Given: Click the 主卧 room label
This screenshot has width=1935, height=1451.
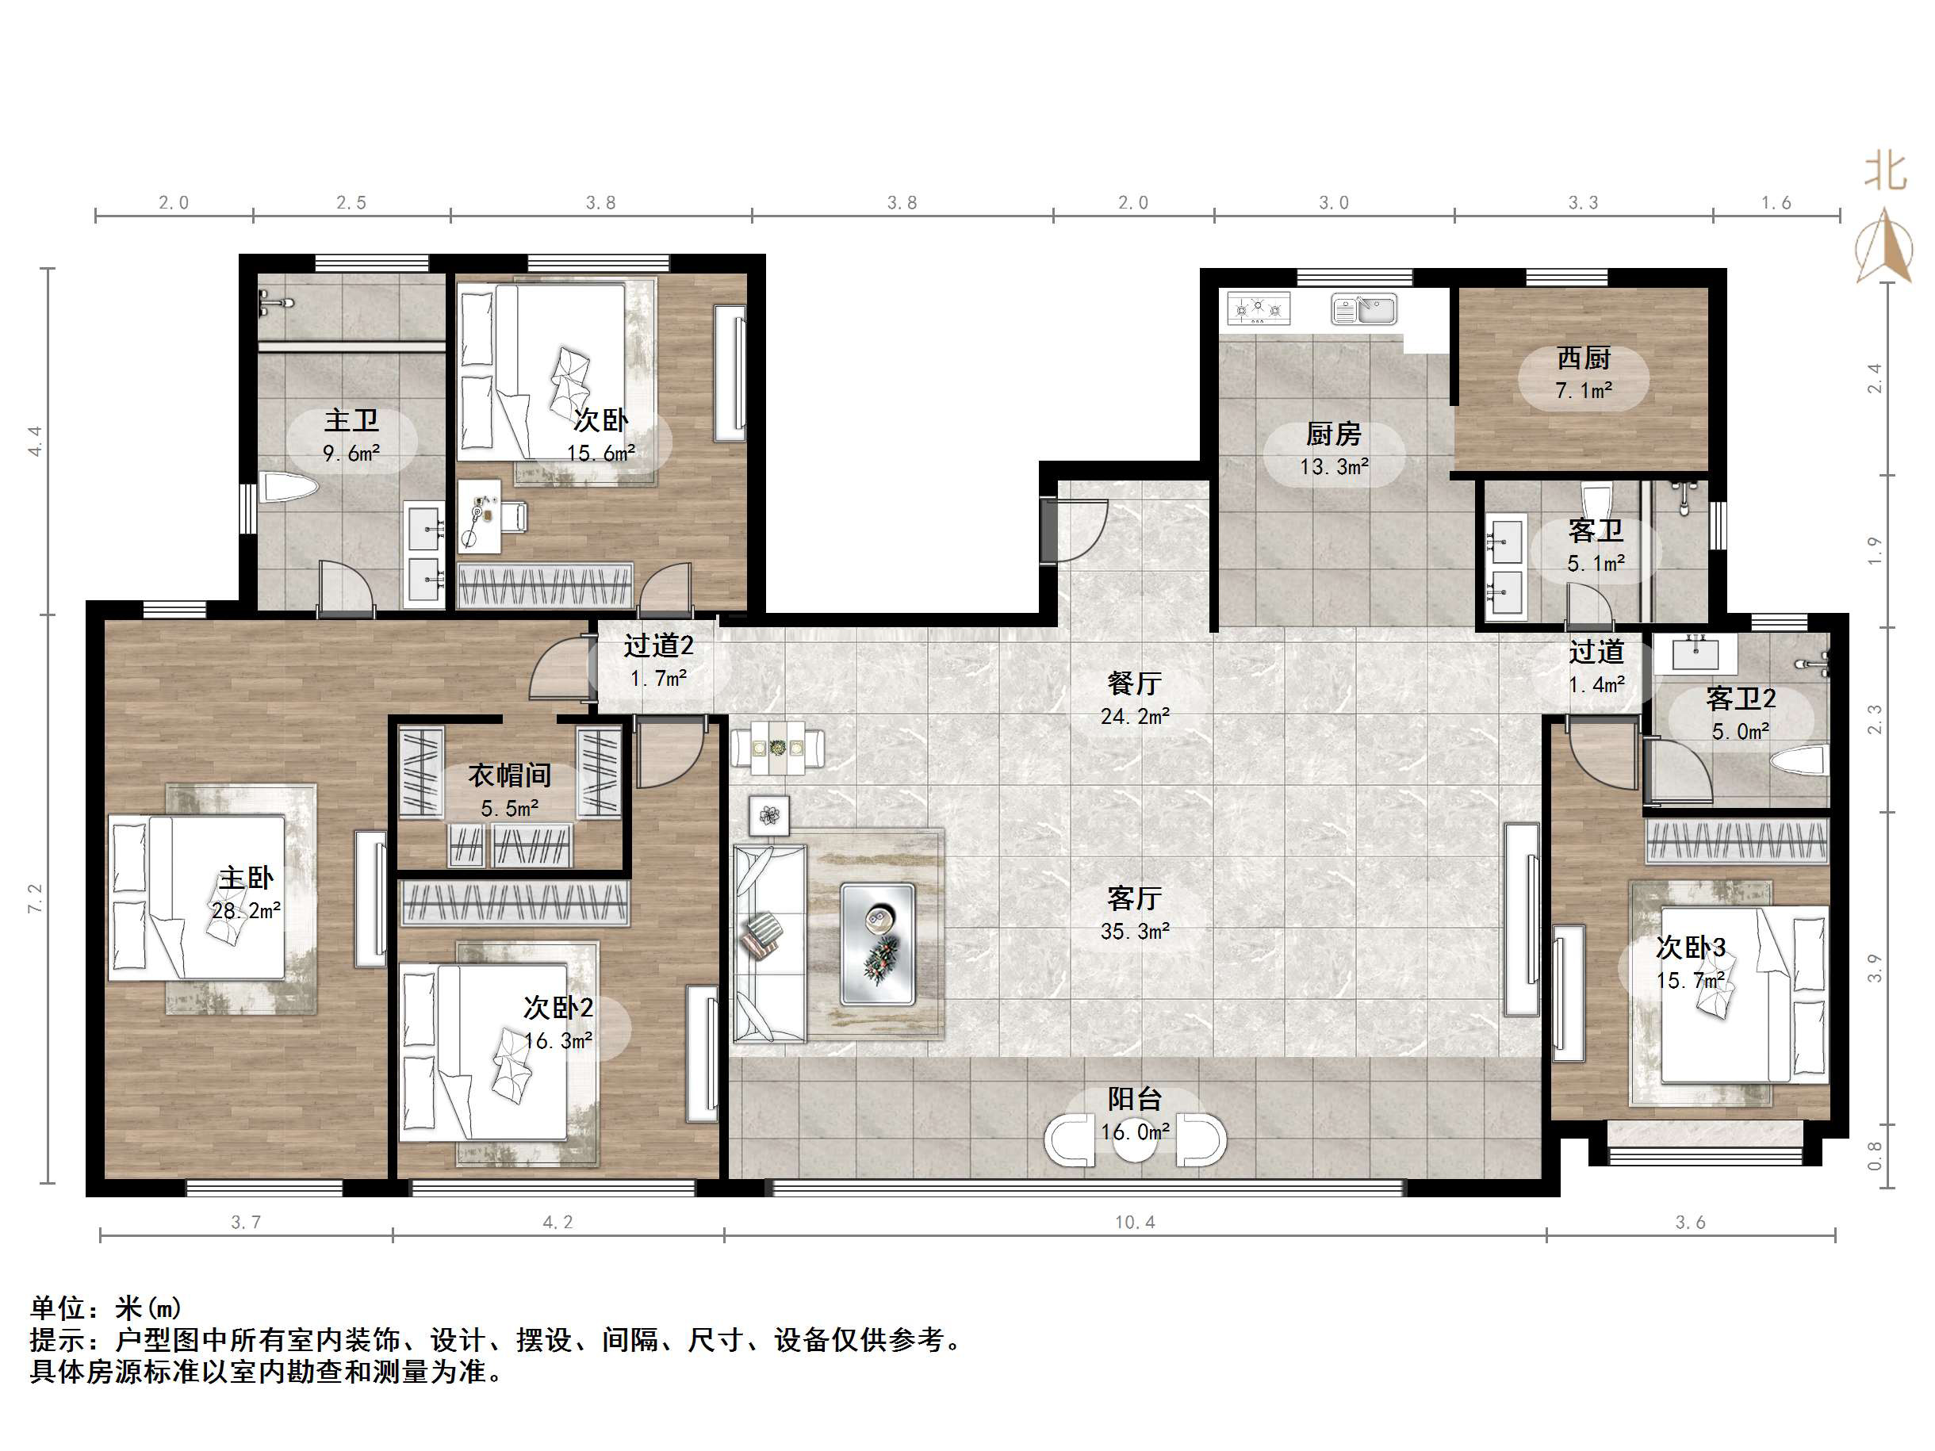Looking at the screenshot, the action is (246, 877).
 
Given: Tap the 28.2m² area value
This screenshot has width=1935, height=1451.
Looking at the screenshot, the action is (246, 910).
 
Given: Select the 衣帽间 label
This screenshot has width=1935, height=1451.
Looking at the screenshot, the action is (509, 775).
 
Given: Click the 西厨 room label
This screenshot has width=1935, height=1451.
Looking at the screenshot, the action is (1584, 358).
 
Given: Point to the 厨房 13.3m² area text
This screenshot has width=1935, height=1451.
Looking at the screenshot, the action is (1334, 466).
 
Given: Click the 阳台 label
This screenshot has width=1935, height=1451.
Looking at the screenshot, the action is (1135, 1098).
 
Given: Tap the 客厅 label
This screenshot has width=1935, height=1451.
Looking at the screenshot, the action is (1135, 898).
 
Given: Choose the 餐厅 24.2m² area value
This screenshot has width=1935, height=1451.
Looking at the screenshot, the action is (1135, 716).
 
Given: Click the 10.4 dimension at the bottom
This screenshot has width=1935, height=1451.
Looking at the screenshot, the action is (1135, 1222).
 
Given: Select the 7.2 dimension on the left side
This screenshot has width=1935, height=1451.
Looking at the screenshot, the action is (35, 898).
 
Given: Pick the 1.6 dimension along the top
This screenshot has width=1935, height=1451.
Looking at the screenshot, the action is (1776, 203).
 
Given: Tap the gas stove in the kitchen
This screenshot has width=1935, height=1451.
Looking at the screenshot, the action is (1259, 308).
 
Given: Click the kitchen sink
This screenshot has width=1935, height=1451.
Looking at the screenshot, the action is (1364, 308).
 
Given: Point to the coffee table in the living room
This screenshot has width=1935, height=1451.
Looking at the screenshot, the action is (877, 944).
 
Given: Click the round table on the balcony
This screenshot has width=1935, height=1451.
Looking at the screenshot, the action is (1135, 1139).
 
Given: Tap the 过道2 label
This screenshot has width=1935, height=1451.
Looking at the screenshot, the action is (658, 645).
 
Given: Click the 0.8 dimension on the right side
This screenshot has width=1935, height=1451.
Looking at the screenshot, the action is (1874, 1154).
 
